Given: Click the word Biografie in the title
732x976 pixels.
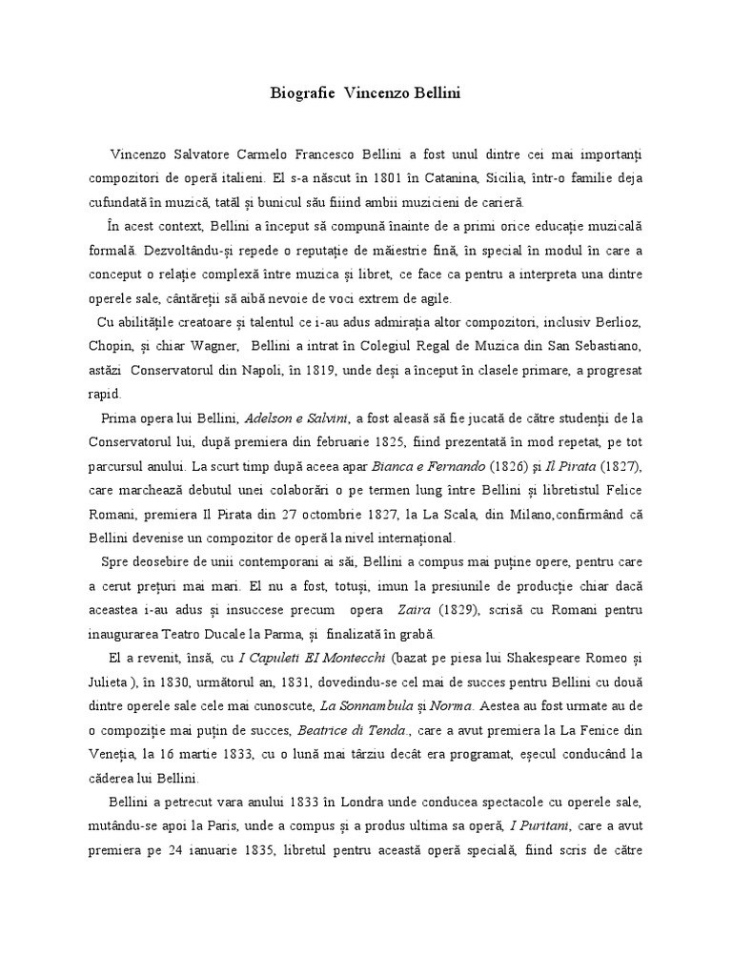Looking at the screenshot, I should coord(299,94).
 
